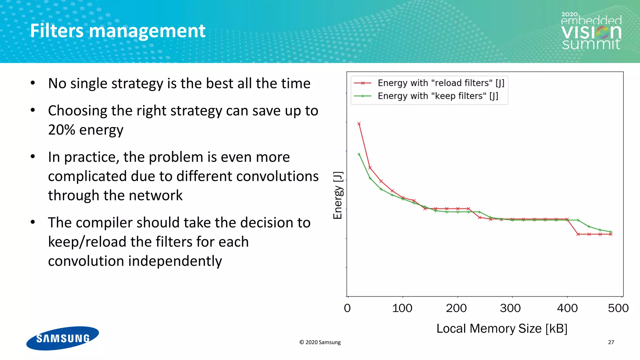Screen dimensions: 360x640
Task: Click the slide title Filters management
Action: pos(117,31)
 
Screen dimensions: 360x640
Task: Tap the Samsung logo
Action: pos(62,338)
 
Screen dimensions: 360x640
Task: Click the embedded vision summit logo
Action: pos(591,31)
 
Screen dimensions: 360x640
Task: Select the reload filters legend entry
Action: pos(441,83)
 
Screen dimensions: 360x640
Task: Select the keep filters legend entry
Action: pos(437,96)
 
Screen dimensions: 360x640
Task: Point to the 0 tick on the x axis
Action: pos(347,308)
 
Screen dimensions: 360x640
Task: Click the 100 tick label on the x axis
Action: pos(402,308)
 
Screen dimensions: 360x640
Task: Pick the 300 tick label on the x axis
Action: pos(510,308)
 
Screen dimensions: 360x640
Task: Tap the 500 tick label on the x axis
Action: pos(618,308)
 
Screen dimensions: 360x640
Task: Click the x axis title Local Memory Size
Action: pos(502,328)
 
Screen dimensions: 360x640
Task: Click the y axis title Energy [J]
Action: pos(338,195)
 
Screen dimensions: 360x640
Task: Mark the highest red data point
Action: pos(359,124)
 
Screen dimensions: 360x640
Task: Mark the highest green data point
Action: pos(359,154)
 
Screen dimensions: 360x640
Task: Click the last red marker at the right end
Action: pos(611,234)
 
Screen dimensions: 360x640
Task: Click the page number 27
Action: pos(611,342)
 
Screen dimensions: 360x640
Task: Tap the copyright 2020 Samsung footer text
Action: pos(320,342)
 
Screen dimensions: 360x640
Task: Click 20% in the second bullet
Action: pos(62,130)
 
